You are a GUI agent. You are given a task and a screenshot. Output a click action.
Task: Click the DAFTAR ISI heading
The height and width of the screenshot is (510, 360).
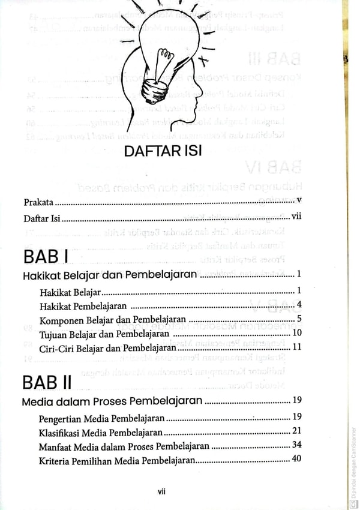[163, 151]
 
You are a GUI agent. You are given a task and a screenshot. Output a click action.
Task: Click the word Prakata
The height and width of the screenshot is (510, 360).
[38, 202]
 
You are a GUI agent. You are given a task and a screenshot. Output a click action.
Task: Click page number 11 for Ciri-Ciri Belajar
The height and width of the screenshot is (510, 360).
[296, 347]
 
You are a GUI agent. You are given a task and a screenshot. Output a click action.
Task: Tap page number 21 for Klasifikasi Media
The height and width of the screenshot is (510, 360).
[296, 431]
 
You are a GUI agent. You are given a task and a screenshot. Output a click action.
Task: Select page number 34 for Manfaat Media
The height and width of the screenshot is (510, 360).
[296, 446]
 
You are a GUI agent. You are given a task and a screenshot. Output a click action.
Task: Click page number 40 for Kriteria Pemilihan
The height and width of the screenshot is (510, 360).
[296, 460]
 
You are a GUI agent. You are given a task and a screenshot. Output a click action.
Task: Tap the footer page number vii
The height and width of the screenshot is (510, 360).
[161, 491]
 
